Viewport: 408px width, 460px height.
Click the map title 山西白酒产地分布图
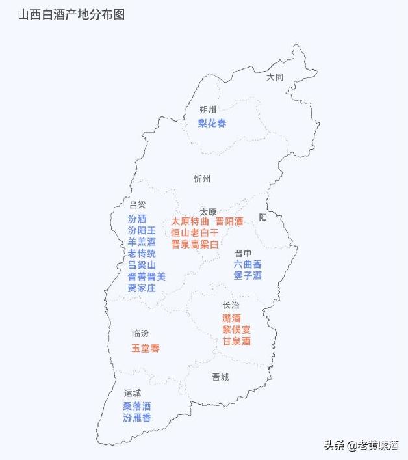pyautogui.click(x=71, y=14)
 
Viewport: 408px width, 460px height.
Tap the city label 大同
pyautogui.click(x=275, y=77)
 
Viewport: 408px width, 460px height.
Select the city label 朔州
pyautogui.click(x=208, y=109)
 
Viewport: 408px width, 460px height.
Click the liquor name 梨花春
pyautogui.click(x=212, y=123)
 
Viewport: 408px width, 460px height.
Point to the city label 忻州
pyautogui.click(x=202, y=178)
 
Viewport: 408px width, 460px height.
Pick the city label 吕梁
pyautogui.click(x=137, y=204)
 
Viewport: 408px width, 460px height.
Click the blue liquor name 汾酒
pyautogui.click(x=137, y=219)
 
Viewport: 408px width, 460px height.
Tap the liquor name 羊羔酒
pyautogui.click(x=142, y=242)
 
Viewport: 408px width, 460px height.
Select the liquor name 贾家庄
pyautogui.click(x=142, y=288)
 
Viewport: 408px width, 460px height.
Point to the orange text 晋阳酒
pyautogui.click(x=229, y=221)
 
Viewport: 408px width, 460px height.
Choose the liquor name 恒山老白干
pyautogui.click(x=195, y=232)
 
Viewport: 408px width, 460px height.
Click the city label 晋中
pyautogui.click(x=244, y=253)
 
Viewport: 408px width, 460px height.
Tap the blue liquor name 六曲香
pyautogui.click(x=248, y=264)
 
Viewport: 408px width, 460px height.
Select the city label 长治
pyautogui.click(x=231, y=305)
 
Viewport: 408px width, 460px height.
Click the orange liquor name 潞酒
pyautogui.click(x=231, y=318)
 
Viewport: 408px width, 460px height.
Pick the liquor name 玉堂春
pyautogui.click(x=146, y=348)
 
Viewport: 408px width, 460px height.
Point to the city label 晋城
pyautogui.click(x=220, y=377)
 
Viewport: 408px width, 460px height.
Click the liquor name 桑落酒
pyautogui.click(x=137, y=406)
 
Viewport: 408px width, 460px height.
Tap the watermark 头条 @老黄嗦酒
pyautogui.click(x=361, y=446)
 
